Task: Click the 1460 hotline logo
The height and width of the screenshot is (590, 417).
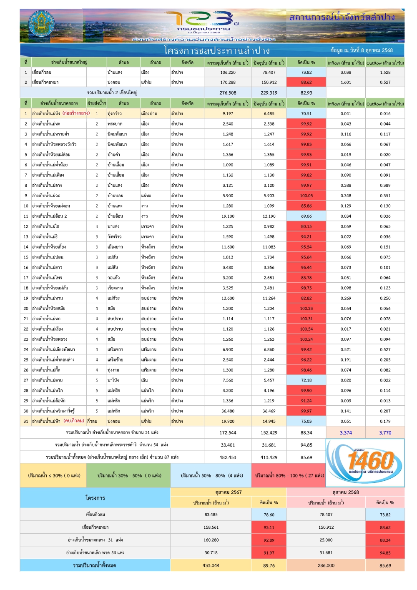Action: pos(365,462)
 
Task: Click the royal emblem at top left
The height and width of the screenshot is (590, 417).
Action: pos(41,25)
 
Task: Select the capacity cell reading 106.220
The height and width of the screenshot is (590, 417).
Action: pos(228,72)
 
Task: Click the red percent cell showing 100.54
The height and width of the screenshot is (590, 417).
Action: pos(306,329)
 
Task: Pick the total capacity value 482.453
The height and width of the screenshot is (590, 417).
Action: pos(228,457)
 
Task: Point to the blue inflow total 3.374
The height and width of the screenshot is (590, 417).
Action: pos(346,433)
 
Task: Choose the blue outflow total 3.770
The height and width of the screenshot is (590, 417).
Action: pos(385,433)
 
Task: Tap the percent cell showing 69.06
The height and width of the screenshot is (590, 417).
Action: pos(306,216)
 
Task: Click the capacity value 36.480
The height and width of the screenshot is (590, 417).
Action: pos(228,411)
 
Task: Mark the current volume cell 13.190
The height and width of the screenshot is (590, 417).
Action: pos(269,216)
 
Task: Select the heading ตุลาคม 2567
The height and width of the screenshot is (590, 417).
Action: pos(229,492)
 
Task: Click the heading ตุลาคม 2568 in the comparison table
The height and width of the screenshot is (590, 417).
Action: pos(345,492)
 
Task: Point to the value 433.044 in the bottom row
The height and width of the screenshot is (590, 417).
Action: pos(211,566)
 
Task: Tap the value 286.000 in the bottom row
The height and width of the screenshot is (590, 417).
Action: pos(326,566)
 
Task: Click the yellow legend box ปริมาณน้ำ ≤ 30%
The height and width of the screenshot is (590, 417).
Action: pos(54,476)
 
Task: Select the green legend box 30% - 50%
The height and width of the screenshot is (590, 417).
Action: pos(129,476)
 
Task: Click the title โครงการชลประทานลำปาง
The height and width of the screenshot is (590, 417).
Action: pos(217,51)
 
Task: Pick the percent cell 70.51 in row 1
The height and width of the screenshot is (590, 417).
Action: pos(306,114)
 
